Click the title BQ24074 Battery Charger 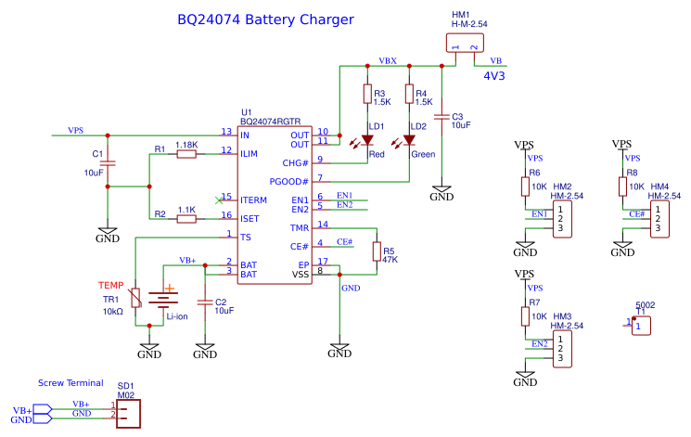coord(264,19)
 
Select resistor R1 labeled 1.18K coord(186,154)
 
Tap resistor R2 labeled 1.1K coord(186,219)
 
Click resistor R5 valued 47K coord(377,251)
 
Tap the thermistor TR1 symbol coord(136,298)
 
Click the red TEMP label coord(111,285)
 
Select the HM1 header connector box coord(464,44)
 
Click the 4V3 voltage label coord(494,76)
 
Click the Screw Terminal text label coord(70,382)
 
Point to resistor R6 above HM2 coord(525,186)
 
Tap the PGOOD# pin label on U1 coord(288,181)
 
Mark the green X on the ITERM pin coord(219,198)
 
